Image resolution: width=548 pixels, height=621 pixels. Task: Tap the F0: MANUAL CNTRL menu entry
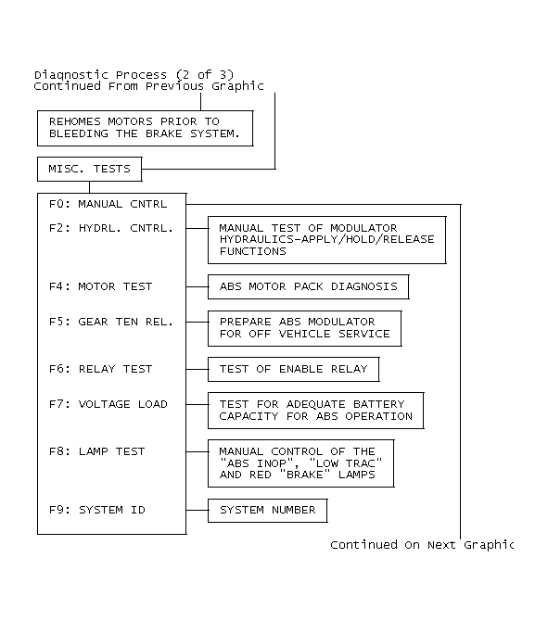(108, 204)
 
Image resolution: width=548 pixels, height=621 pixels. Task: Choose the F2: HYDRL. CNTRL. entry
(111, 228)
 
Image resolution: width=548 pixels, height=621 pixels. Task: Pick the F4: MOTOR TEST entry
(101, 286)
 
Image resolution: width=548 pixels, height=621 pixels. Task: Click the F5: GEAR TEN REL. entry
(111, 322)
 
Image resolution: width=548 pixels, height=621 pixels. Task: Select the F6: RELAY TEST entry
(101, 369)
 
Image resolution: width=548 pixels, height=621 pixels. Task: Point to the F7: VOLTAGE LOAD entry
(108, 404)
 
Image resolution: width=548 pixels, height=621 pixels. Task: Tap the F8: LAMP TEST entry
(97, 451)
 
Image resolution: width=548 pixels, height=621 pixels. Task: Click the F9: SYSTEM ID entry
(97, 510)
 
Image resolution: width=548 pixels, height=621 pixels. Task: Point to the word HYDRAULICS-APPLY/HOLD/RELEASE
(327, 239)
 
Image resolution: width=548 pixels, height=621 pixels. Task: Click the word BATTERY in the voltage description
(379, 404)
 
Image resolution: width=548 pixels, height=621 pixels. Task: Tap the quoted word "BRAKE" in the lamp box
(305, 475)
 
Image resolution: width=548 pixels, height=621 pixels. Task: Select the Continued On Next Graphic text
(422, 545)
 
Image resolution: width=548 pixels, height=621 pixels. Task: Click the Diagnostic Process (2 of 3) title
(134, 75)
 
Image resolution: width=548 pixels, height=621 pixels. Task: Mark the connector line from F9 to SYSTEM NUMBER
(197, 510)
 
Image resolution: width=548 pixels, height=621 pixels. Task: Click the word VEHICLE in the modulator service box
(304, 334)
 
